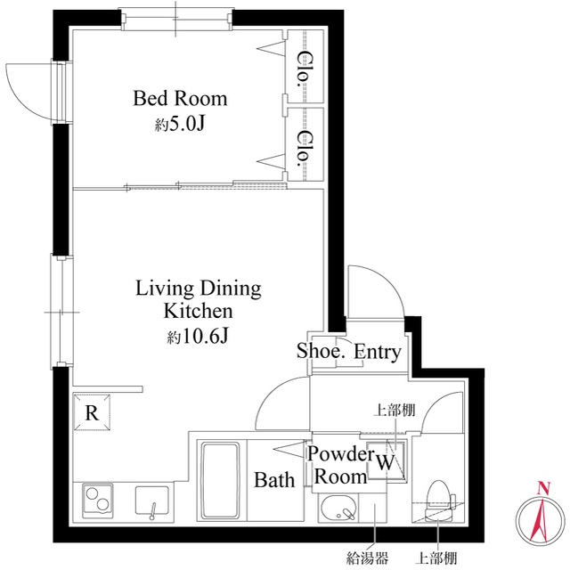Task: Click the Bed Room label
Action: pyautogui.click(x=180, y=98)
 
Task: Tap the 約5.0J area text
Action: pyautogui.click(x=180, y=124)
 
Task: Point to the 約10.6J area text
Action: pyautogui.click(x=198, y=337)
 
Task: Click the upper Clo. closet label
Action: pyautogui.click(x=303, y=65)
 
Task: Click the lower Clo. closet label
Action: pyautogui.click(x=304, y=148)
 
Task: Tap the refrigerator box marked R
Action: pyautogui.click(x=91, y=412)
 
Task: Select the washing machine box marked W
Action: pyautogui.click(x=385, y=461)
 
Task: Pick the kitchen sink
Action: pyautogui.click(x=152, y=503)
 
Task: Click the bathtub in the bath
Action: pyautogui.click(x=218, y=481)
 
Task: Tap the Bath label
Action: pyautogui.click(x=274, y=481)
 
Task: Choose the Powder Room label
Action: pyautogui.click(x=339, y=464)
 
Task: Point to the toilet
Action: pyautogui.click(x=438, y=499)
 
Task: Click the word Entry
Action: pyautogui.click(x=378, y=352)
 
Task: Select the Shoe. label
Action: pyautogui.click(x=321, y=352)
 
